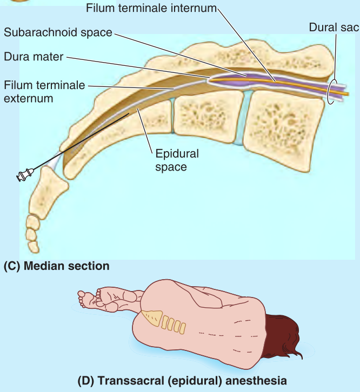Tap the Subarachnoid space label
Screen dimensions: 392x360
coord(58,32)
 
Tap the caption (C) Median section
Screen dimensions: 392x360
coord(56,266)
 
